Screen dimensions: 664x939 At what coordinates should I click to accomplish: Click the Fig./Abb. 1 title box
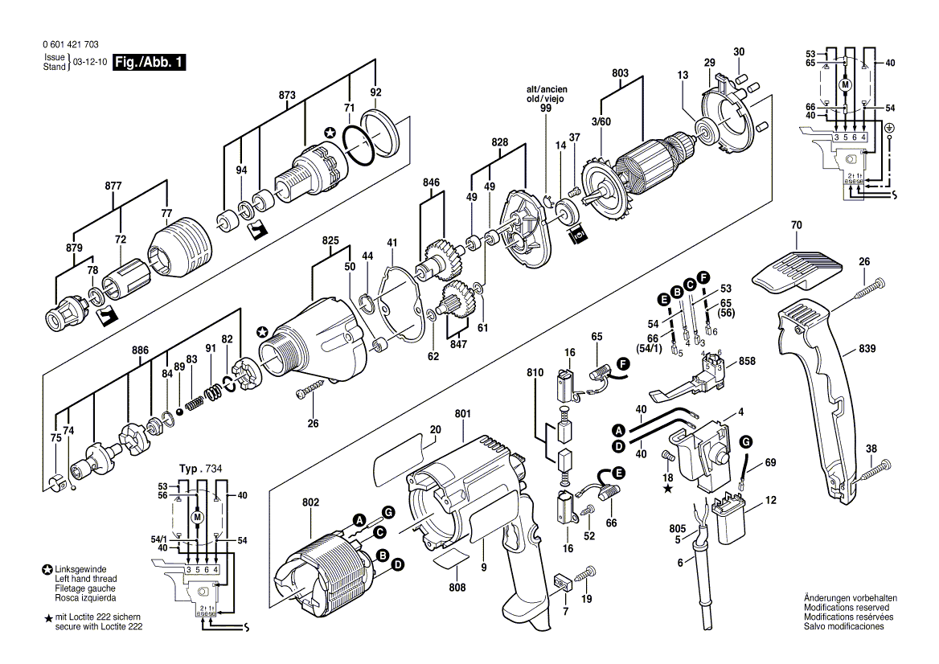point(149,62)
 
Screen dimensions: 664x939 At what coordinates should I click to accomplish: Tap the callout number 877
point(113,186)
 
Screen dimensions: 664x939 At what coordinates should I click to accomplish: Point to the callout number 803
point(620,73)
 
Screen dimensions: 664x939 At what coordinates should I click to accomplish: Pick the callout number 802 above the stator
point(311,502)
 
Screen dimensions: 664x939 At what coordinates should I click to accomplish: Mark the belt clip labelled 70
point(796,270)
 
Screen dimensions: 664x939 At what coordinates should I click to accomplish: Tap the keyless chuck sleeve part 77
point(181,244)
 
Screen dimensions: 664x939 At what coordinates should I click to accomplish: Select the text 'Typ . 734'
point(199,468)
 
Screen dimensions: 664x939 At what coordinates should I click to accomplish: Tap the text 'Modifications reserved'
point(850,607)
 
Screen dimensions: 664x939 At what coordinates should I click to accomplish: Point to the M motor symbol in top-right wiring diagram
point(844,84)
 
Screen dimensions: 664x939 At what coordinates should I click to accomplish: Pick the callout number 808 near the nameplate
point(457,587)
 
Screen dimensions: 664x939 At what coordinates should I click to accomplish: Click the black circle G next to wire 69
point(746,441)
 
